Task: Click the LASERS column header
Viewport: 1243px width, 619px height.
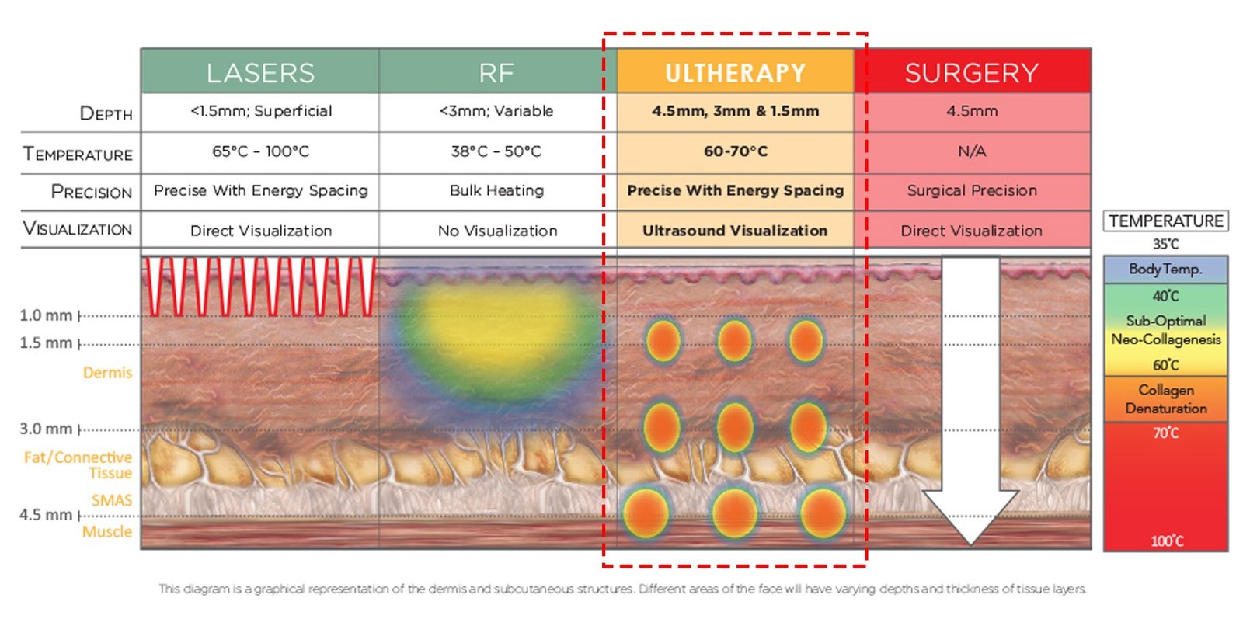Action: (260, 72)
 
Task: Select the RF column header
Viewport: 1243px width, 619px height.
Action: (497, 72)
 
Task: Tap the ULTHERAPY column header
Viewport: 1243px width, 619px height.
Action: (735, 72)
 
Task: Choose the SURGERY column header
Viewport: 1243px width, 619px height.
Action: (972, 72)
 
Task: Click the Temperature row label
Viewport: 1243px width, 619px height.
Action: (78, 154)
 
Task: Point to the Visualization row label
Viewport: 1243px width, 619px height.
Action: (77, 229)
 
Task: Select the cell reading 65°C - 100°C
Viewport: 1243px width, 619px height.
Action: (260, 151)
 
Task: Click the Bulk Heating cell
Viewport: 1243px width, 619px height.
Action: (497, 190)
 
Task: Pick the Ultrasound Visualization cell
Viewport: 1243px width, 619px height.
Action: (735, 231)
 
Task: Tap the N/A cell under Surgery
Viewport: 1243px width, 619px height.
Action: (972, 151)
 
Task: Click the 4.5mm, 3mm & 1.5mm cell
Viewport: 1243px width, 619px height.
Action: (735, 111)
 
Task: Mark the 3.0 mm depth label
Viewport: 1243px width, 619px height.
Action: (46, 429)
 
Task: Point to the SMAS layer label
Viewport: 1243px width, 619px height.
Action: (112, 500)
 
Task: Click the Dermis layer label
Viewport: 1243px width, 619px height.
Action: (107, 373)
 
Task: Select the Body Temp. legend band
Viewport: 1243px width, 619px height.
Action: (1165, 270)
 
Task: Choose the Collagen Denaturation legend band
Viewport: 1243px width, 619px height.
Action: (1165, 398)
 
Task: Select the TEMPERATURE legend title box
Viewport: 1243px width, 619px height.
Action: (1165, 221)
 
